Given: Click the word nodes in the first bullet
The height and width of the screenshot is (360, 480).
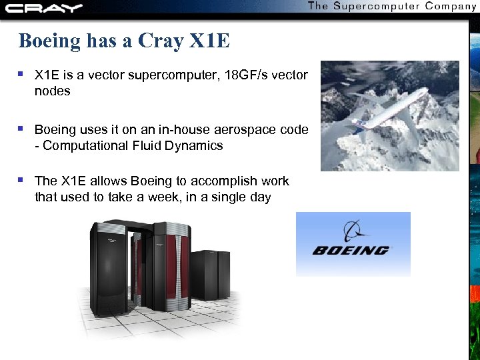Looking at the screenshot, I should click(52, 91).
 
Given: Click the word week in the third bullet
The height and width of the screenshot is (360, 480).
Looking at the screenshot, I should click(168, 197).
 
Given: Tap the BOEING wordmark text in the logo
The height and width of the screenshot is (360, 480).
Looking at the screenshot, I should click(350, 251).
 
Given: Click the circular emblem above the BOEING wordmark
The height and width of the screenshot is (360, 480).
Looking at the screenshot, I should click(351, 231).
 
